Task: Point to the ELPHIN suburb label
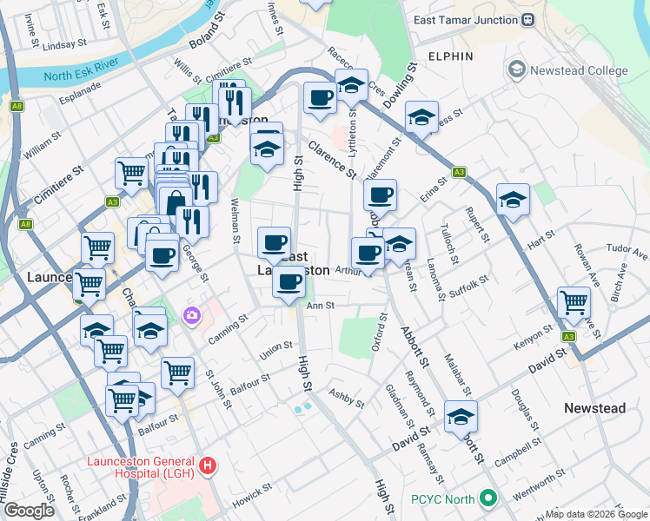pos(450,56)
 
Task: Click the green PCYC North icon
pos(488,499)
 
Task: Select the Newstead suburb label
pos(594,408)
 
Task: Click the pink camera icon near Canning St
pos(189,314)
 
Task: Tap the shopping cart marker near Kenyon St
pos(574,303)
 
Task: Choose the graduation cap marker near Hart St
pos(513,200)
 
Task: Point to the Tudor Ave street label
pos(628,254)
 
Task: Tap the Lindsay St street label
pos(64,43)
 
